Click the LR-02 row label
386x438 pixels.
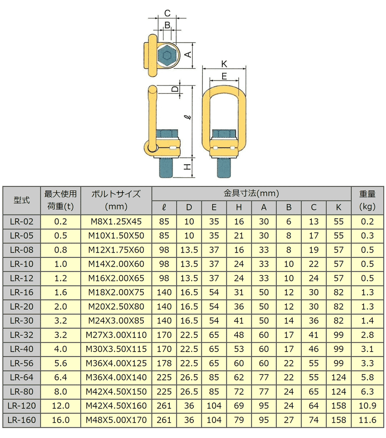tap(21, 222)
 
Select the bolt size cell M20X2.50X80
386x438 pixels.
tap(116, 307)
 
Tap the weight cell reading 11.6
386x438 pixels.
tap(367, 420)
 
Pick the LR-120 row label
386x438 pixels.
tap(21, 406)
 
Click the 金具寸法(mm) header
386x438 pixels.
tap(251, 193)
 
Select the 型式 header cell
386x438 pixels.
tap(21, 200)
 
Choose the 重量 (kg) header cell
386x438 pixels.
tap(367, 200)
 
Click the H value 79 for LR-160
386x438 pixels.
tap(239, 420)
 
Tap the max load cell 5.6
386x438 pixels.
tap(60, 363)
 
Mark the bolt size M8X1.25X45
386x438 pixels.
tap(116, 222)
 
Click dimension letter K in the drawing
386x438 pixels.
tap(224, 64)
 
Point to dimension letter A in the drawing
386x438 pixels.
tap(188, 55)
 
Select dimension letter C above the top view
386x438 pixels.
tap(167, 14)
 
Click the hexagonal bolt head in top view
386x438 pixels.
tap(167, 55)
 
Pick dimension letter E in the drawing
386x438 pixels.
tap(224, 76)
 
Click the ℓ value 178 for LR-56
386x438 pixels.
tap(164, 363)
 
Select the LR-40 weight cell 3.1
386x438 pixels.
tap(367, 349)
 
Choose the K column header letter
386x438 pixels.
tap(338, 207)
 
